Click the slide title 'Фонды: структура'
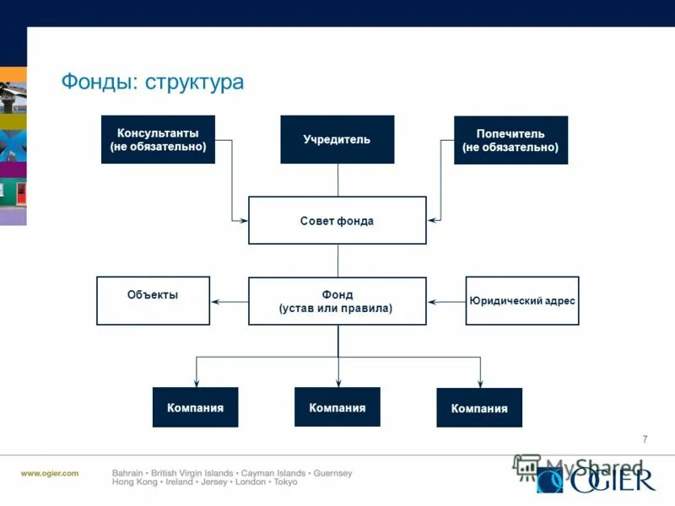click(152, 83)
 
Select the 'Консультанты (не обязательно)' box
click(158, 140)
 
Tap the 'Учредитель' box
click(337, 139)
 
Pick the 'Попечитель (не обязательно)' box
click(510, 140)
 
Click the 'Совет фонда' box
click(337, 221)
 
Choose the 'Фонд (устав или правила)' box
click(337, 301)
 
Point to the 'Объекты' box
click(153, 300)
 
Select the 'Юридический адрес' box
click(522, 300)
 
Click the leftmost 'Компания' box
click(195, 407)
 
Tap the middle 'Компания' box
click(337, 407)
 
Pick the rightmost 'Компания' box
click(479, 408)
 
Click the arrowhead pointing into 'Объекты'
click(214, 301)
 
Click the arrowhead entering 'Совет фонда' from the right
click(432, 221)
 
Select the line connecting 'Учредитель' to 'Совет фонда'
click(337, 180)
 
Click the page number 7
click(645, 439)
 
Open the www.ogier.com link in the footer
click(50, 473)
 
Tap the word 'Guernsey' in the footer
click(332, 473)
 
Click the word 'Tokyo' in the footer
click(285, 483)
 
